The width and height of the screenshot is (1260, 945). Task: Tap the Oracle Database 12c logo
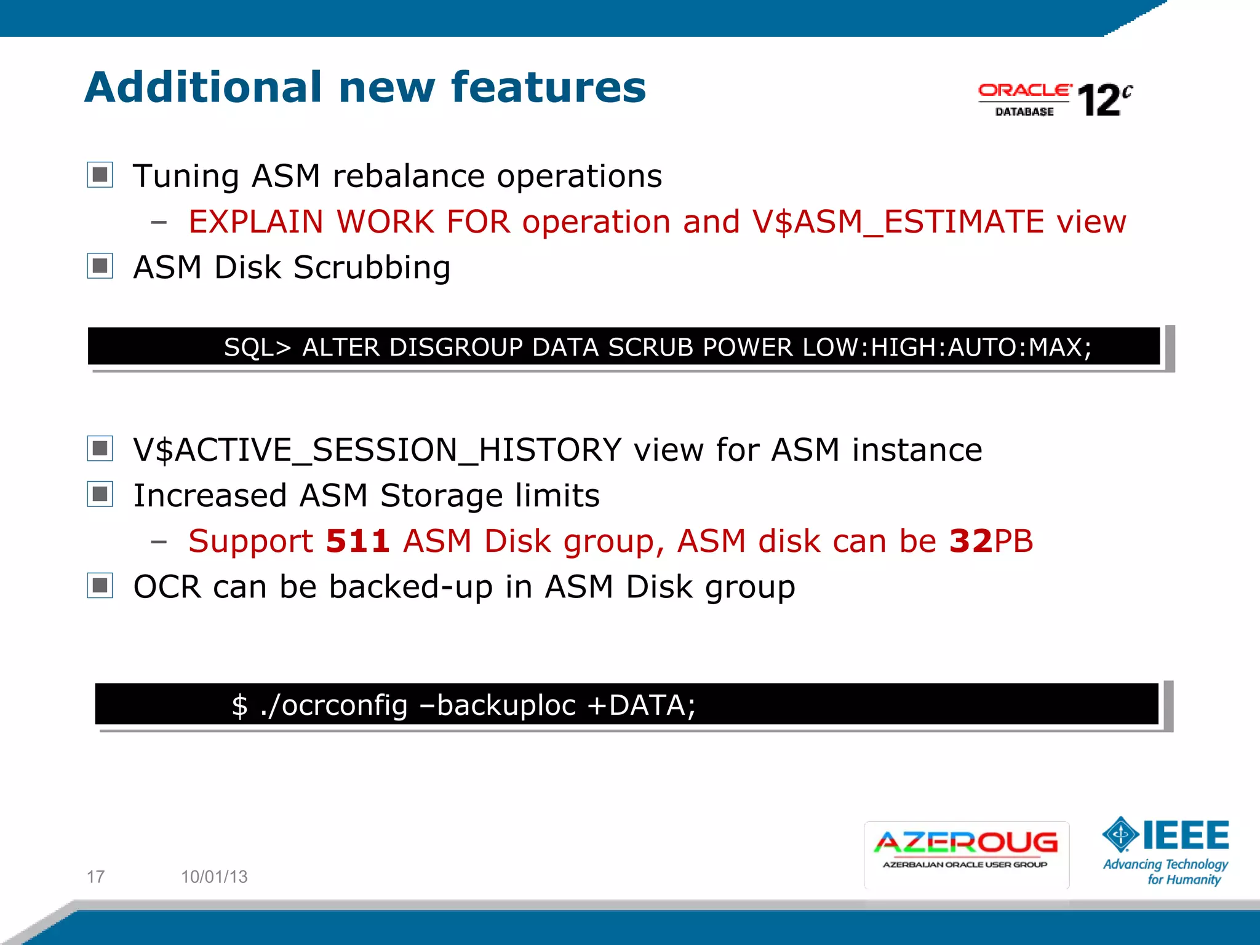(1055, 100)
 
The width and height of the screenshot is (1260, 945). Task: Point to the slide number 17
(95, 876)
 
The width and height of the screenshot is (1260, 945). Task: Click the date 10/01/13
(214, 876)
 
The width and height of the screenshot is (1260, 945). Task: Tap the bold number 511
(357, 541)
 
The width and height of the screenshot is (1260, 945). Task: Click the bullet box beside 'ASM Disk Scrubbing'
(100, 266)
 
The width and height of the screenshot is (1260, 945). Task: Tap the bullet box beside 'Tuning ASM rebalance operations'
(100, 175)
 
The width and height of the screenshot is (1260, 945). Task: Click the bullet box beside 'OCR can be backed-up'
(100, 585)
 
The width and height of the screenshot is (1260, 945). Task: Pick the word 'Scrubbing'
(372, 268)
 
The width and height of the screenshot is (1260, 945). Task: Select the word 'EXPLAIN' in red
(255, 222)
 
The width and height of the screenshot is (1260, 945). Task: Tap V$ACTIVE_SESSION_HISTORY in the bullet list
(377, 450)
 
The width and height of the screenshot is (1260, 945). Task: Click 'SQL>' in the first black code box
(257, 348)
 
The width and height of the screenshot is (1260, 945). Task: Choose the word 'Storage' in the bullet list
(441, 496)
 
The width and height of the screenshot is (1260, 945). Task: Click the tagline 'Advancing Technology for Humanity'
(1166, 872)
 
